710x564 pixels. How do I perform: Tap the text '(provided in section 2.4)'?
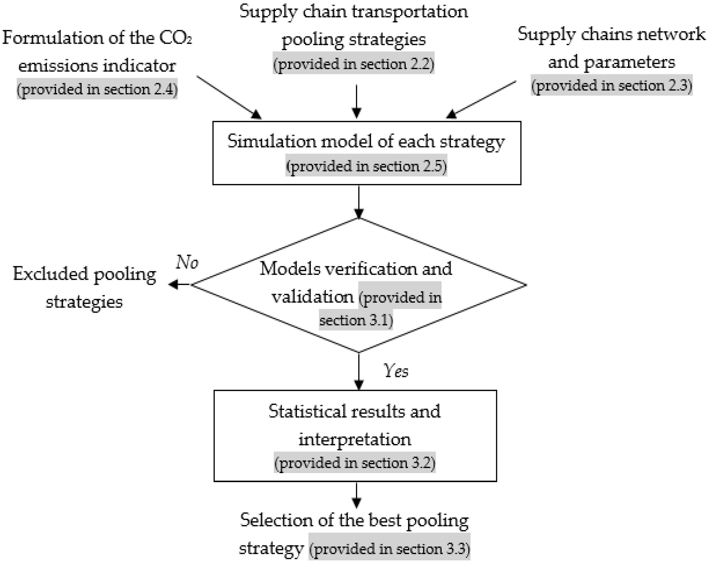[x=97, y=89]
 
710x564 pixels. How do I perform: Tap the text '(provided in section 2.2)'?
[x=353, y=63]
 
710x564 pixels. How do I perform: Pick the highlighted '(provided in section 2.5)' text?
[x=366, y=166]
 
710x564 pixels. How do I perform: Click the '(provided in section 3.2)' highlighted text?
[x=355, y=463]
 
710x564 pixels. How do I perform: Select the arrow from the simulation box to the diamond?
[x=359, y=202]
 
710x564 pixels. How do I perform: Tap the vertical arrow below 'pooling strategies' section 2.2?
[x=356, y=101]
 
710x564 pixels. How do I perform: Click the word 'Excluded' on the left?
[x=50, y=274]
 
